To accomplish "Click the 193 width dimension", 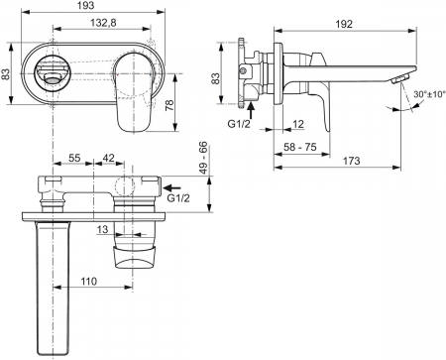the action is pos(86,5).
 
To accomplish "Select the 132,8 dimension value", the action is pos(103,23).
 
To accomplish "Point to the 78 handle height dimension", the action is pos(169,105).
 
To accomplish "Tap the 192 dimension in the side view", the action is pos(344,24).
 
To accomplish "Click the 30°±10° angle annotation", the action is pos(429,94).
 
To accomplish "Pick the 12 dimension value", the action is pos(298,124).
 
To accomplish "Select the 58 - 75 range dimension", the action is pos(300,147).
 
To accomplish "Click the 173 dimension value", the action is pos(351,161).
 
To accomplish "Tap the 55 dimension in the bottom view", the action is pos(74,158).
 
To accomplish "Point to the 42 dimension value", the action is pos(109,158).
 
